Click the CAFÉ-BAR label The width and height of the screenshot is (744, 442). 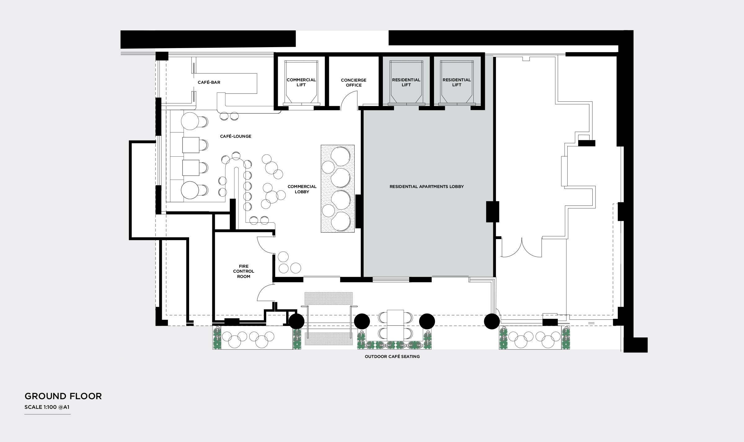coord(209,83)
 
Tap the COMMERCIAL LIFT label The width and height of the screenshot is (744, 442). coord(301,82)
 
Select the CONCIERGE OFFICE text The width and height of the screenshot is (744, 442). coord(354,83)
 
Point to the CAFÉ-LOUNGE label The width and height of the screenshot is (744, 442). coord(236,136)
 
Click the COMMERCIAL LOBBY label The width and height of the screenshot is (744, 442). coord(302,189)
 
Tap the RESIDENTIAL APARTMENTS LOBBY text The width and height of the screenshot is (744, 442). coord(427,187)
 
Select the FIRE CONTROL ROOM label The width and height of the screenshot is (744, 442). coord(244,271)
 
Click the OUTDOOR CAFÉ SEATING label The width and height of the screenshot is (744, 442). coord(392,357)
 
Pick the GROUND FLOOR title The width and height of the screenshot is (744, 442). coord(63,396)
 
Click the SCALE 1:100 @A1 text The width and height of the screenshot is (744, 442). coord(47,407)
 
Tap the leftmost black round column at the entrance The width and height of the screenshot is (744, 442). coord(297,321)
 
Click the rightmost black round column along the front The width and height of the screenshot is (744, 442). coord(492,321)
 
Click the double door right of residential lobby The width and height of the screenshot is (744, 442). coord(522,248)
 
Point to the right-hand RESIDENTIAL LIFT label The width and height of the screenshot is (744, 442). coord(457,82)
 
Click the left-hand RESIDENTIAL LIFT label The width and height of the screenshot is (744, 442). coord(406,82)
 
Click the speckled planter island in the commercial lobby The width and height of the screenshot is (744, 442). coord(338,189)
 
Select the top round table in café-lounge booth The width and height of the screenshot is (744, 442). coord(190,121)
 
